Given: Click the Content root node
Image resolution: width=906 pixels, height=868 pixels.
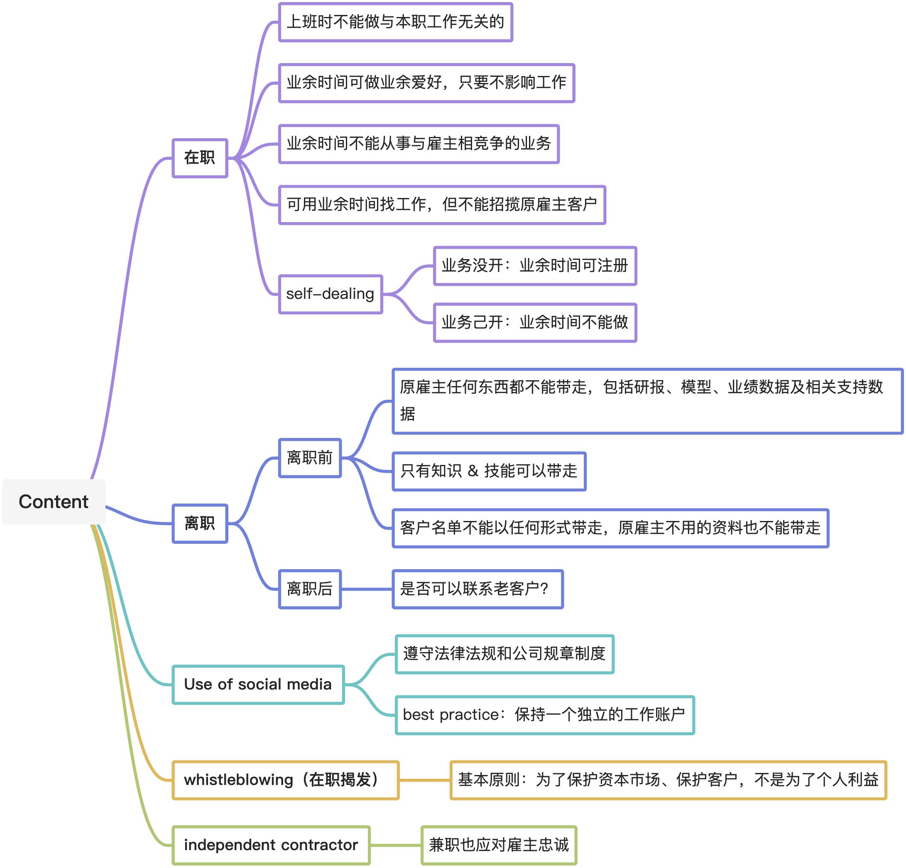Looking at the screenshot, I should coord(54,501).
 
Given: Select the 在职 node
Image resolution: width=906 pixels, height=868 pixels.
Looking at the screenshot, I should coord(200,158).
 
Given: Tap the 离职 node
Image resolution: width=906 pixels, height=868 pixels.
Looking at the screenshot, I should coord(200,523).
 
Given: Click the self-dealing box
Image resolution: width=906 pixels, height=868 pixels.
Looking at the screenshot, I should coord(330,294).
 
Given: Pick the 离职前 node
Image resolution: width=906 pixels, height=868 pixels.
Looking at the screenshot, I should coord(310,457).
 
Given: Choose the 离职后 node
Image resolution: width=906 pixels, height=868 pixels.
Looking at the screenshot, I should coord(310,589).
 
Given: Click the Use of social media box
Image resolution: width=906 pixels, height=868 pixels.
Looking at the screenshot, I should coord(258,685).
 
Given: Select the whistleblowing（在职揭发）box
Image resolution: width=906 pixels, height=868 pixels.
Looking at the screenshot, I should coord(285,780).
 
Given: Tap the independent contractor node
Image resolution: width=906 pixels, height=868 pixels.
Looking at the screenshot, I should coord(271,845).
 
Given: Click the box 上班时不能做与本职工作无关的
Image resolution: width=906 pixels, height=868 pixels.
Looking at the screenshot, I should coord(395,22).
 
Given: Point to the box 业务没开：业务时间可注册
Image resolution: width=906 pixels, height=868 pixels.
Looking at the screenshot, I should coord(535,266).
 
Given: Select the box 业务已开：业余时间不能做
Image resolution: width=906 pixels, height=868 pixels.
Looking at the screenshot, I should coord(535,323).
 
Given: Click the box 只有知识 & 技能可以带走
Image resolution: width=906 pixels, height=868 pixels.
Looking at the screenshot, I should coord(489,471).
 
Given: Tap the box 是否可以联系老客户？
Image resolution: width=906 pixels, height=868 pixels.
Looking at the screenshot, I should coord(477,589).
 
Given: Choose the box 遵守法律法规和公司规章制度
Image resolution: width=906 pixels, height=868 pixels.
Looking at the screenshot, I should coord(504,654).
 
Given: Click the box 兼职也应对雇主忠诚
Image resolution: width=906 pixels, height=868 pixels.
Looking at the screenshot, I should coord(499,845).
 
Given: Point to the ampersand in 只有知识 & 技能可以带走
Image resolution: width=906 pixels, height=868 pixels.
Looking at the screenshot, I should coord(473,471).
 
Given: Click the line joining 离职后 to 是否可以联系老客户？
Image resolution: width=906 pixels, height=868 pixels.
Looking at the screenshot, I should coord(367,589).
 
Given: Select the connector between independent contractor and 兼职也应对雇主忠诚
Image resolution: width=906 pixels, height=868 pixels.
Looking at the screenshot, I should coord(396,845).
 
